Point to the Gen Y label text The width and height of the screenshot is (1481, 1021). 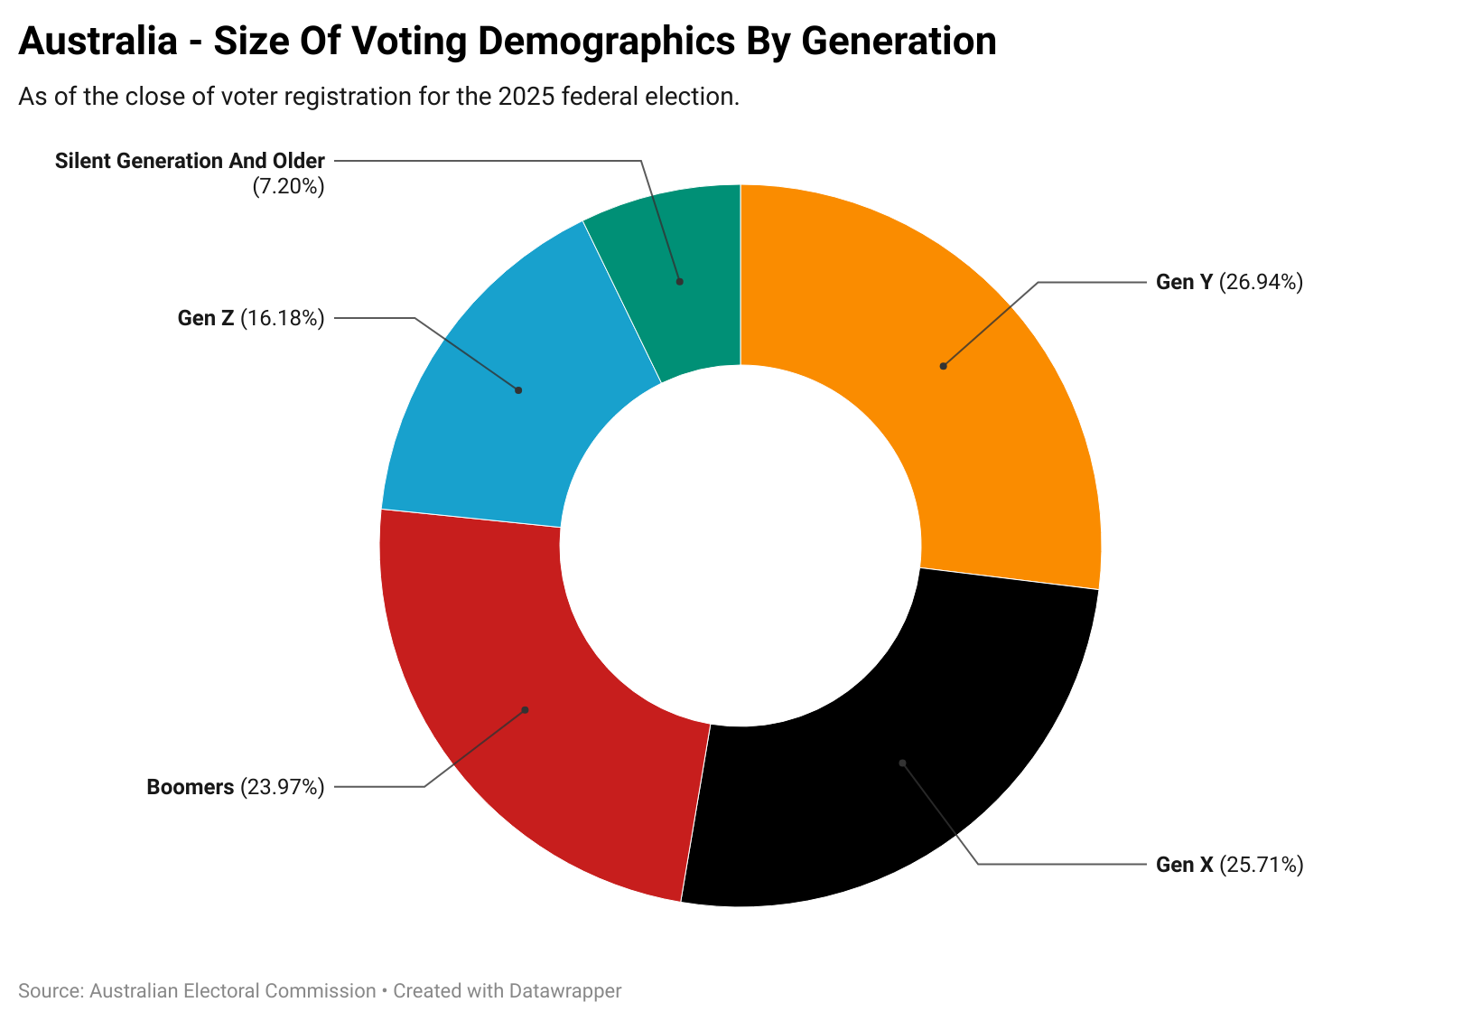coord(1184,283)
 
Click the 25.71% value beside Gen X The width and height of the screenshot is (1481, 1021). coord(1262,866)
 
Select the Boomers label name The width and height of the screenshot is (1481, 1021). coord(190,788)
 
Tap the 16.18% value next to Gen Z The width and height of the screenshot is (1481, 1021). coord(283,318)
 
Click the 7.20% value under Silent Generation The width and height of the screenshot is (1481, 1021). coord(288,187)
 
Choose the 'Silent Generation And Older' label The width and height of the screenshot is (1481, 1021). coord(190,162)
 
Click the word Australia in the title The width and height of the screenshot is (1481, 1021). coord(98,42)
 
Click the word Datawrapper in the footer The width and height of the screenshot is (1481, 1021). coord(564,991)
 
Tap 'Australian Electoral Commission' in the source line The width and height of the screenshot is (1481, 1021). coord(233,991)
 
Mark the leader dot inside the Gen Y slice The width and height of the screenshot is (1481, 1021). coord(943,366)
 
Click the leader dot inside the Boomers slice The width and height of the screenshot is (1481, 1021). coord(525,709)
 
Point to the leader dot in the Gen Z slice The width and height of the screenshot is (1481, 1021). coord(518,390)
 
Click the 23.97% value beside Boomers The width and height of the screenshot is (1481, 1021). coord(283,788)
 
